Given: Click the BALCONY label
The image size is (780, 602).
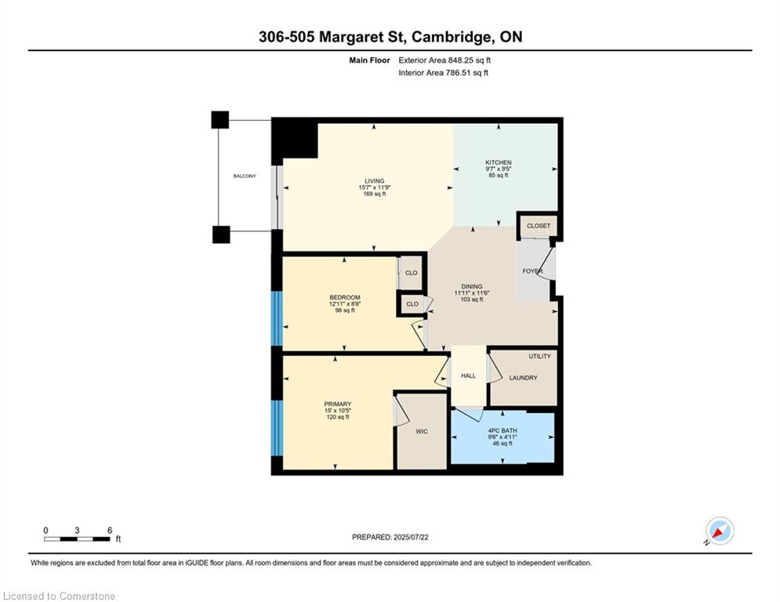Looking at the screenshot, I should (x=244, y=176).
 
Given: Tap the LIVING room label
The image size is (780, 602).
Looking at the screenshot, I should (x=373, y=180).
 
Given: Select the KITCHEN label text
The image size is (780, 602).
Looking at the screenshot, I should (x=498, y=162).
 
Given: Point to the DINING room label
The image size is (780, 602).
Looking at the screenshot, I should (x=472, y=286).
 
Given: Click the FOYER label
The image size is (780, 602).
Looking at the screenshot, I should (x=533, y=271).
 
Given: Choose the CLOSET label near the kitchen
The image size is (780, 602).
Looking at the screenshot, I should (x=539, y=226).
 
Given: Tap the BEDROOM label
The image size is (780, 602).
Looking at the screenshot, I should (x=345, y=297).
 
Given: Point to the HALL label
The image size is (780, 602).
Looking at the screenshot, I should (x=468, y=376).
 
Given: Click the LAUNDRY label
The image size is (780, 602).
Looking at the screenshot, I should (x=523, y=378).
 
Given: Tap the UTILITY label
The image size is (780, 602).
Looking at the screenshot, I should (x=539, y=357).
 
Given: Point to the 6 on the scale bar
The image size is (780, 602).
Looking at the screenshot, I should (x=109, y=530).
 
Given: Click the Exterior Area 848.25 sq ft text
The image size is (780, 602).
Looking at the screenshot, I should (x=445, y=60).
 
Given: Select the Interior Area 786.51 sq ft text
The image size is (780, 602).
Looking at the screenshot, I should (x=444, y=73).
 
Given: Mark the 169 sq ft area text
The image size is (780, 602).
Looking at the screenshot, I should (x=373, y=194).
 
